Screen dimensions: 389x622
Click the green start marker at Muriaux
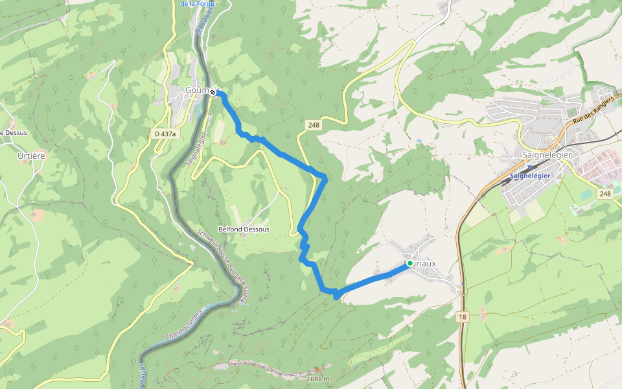click(409, 263)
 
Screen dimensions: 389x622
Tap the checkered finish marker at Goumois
click(213, 92)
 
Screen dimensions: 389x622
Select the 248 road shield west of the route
click(314, 125)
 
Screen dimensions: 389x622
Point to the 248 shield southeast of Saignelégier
click(605, 194)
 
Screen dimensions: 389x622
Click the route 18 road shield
click(461, 317)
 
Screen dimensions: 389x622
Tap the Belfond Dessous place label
click(244, 230)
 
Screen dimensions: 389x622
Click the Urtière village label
click(30, 156)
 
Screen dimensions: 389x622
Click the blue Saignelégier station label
click(529, 176)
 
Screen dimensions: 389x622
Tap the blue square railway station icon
click(530, 167)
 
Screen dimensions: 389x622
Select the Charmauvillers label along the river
click(185, 324)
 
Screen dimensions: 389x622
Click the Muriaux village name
click(422, 263)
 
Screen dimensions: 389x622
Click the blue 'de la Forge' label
click(197, 4)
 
